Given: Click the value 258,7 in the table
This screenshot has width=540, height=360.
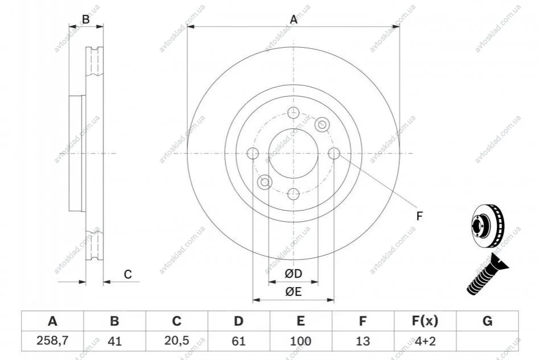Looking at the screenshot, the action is [x=52, y=341].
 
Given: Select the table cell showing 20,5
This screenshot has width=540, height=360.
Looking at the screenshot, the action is [x=176, y=341].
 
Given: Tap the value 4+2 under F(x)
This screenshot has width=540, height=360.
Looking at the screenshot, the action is [x=425, y=341].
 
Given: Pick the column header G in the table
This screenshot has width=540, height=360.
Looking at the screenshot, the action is [x=487, y=321].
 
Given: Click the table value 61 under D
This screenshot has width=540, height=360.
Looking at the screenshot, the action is [x=238, y=341].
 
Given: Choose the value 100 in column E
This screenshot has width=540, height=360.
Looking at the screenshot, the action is [x=300, y=341].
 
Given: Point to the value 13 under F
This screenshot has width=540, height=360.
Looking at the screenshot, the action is [x=362, y=341].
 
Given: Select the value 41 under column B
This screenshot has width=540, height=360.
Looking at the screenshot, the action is [x=115, y=341].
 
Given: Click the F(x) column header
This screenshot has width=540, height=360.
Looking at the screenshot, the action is [x=425, y=321].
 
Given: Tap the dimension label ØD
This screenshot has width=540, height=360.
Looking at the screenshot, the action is [x=294, y=274].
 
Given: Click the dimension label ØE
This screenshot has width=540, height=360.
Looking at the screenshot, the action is [x=294, y=292].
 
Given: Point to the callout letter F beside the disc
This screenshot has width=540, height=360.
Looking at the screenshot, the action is [x=419, y=216].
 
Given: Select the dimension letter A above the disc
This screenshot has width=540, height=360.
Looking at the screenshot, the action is [x=294, y=19].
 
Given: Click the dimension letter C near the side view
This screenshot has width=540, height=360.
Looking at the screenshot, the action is [x=128, y=274].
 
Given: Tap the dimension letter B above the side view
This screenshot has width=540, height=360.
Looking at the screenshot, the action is [x=86, y=19].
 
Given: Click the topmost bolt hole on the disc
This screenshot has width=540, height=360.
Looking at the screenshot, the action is [x=294, y=113].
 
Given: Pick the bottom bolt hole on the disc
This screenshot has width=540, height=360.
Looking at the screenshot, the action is [x=294, y=194].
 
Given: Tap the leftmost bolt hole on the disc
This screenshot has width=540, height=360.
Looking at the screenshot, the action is [x=253, y=153].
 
